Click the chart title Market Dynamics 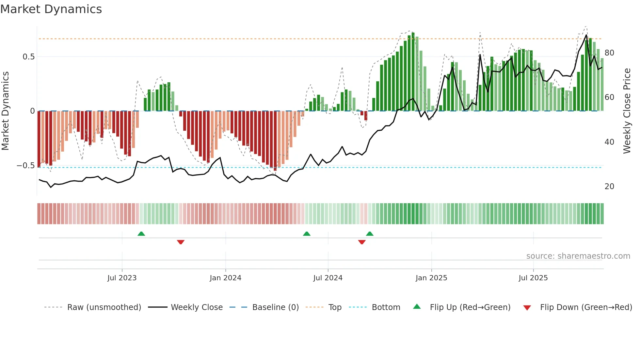tap(51, 9)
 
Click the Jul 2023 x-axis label tap(122, 278)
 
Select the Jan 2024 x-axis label tap(225, 278)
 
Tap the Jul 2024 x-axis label tap(328, 278)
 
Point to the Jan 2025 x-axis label tap(431, 278)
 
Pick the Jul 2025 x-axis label tap(533, 278)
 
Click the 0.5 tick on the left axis tap(28, 57)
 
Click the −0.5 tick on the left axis tap(25, 166)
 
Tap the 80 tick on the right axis tap(609, 53)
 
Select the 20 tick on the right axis tap(609, 187)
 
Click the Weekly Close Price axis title tap(627, 111)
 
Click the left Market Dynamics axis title tap(5, 111)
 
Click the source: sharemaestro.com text tap(578, 256)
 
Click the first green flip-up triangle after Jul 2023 tap(141, 234)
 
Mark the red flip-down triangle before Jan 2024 tap(181, 242)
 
